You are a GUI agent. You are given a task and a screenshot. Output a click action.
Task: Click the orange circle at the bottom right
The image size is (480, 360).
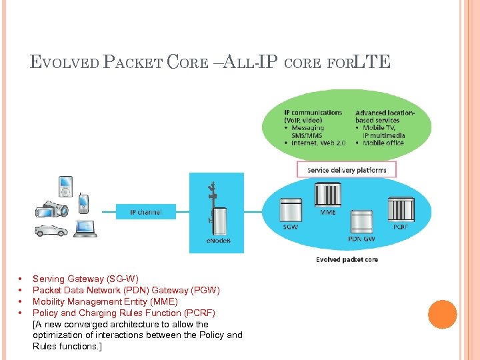(x=442, y=315)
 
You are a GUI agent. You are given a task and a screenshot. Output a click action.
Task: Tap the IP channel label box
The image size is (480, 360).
(x=146, y=212)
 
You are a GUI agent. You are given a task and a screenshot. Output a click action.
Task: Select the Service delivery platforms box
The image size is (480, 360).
(x=347, y=170)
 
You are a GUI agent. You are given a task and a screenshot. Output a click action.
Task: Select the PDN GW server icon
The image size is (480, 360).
(x=361, y=221)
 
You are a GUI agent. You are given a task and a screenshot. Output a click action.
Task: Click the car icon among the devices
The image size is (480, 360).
(x=51, y=230)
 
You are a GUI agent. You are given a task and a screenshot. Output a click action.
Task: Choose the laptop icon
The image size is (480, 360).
(x=85, y=229)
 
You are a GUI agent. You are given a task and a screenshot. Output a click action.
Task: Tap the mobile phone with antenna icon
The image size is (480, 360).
(x=83, y=203)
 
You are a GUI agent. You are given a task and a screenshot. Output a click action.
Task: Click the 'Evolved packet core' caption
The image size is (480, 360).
(x=347, y=259)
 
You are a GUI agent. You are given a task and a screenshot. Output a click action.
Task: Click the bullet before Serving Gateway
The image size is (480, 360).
(x=21, y=279)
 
